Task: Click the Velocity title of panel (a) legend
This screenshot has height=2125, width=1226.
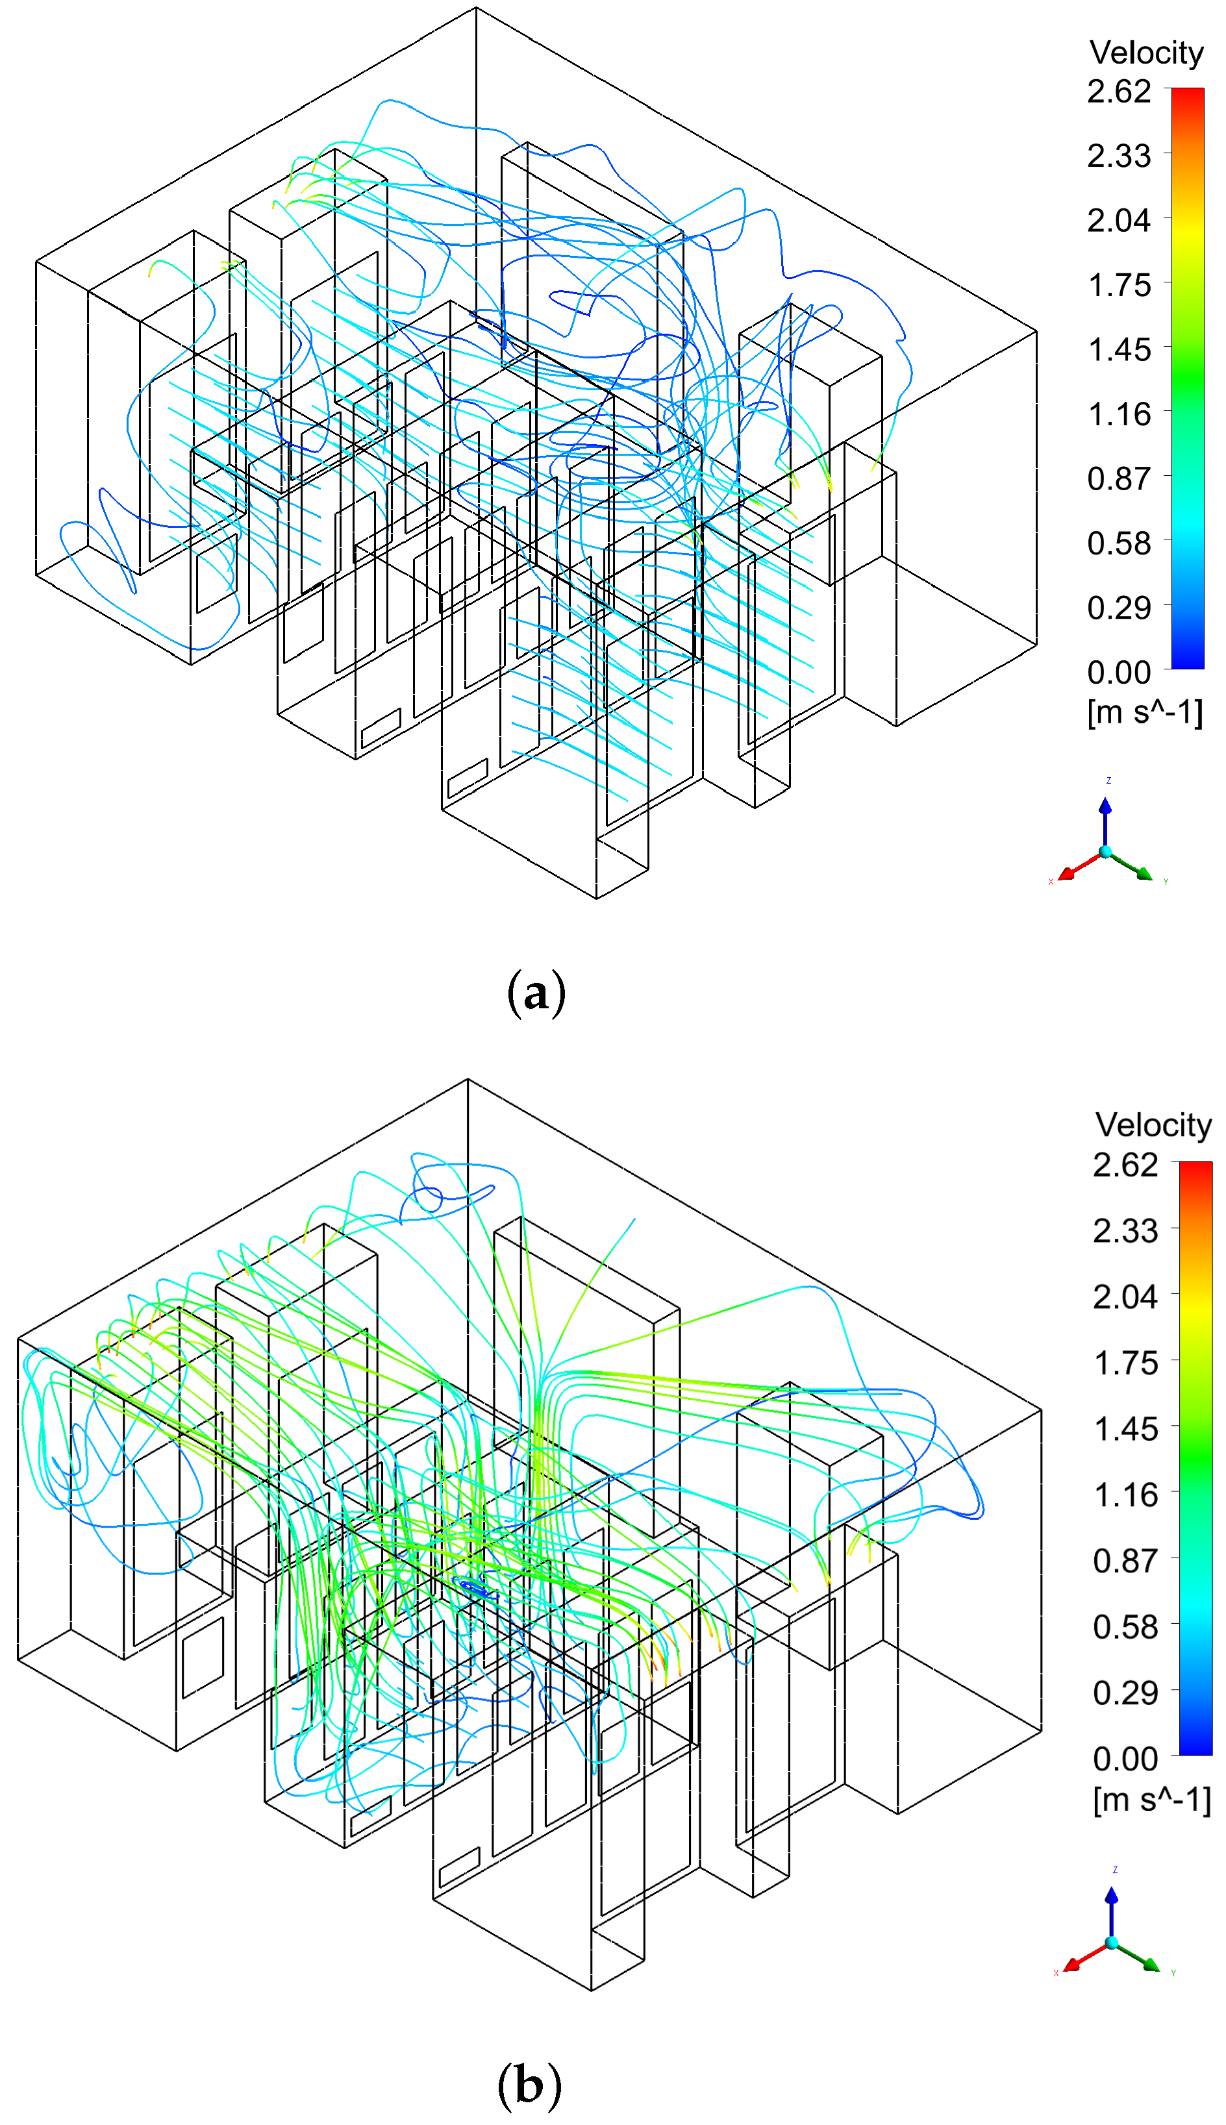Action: (1146, 53)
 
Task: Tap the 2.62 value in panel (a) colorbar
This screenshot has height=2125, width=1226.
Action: (1118, 91)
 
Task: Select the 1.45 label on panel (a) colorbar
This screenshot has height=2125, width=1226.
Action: (1118, 349)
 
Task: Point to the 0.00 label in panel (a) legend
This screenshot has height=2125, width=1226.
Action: (1118, 672)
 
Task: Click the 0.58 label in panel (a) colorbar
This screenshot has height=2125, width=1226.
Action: (1118, 543)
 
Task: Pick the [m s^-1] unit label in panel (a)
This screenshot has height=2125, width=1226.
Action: (1144, 712)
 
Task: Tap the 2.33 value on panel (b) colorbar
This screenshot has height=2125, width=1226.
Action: (1125, 1231)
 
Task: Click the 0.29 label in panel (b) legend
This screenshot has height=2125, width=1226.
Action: (1125, 1692)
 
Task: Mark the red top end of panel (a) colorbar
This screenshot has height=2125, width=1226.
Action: (1187, 93)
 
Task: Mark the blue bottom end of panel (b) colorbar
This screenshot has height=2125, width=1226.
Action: (1195, 1750)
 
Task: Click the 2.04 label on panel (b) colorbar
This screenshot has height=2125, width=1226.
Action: (1125, 1297)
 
